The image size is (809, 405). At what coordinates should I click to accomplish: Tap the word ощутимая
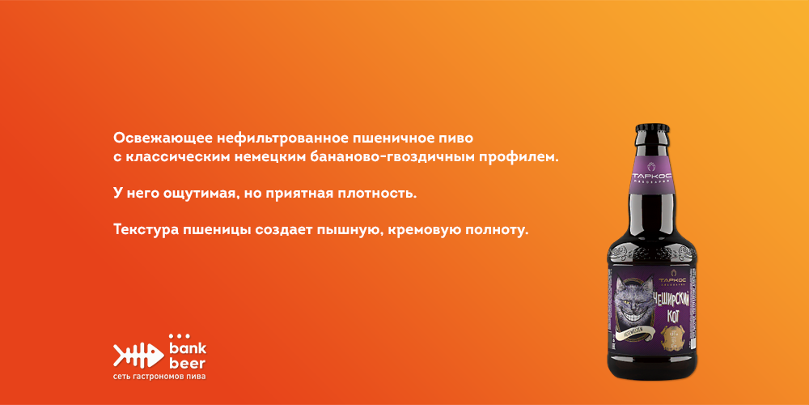click(201, 194)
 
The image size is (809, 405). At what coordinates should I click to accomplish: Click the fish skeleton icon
click(138, 353)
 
